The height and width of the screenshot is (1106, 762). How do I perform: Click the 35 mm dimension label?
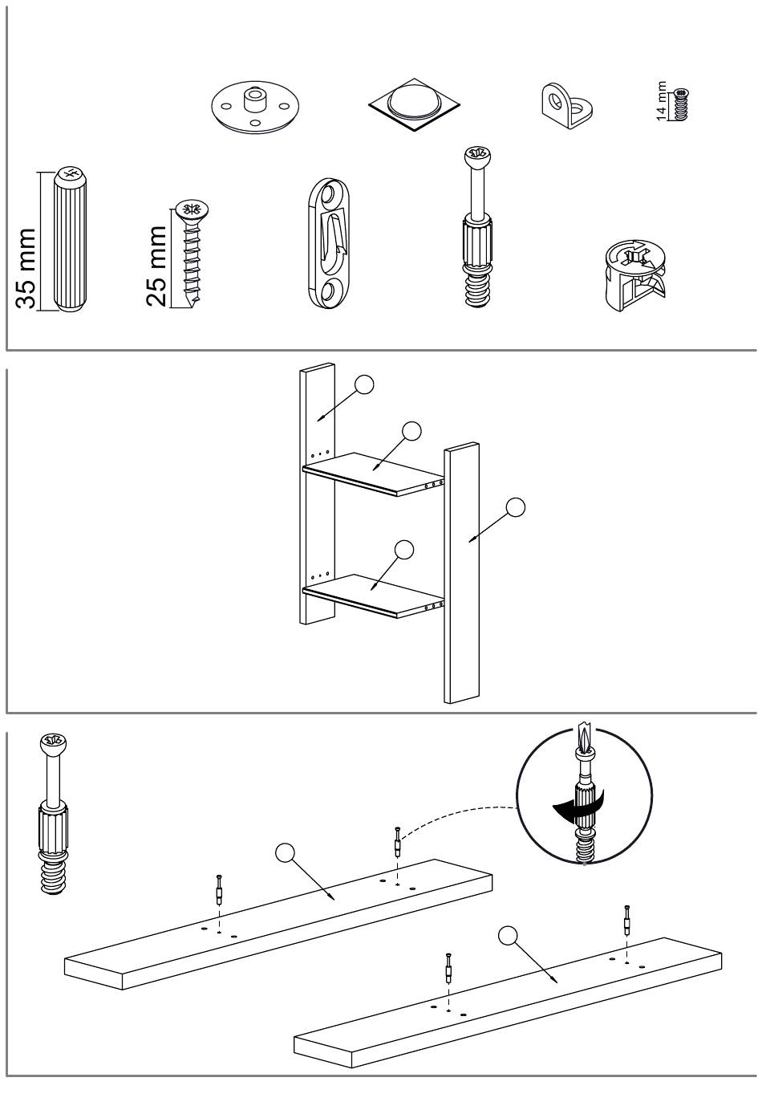[x=26, y=268]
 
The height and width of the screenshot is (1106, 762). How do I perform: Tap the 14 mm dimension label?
[x=662, y=101]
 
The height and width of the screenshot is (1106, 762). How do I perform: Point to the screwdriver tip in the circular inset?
[x=584, y=737]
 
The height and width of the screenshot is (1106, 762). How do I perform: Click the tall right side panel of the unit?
[x=461, y=574]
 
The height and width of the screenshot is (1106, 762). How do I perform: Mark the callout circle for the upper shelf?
[x=411, y=431]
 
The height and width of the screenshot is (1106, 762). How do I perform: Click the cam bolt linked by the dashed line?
[x=396, y=842]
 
